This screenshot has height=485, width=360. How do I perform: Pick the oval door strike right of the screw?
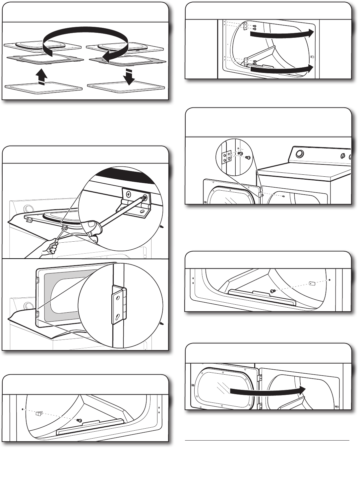point(312,283)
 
